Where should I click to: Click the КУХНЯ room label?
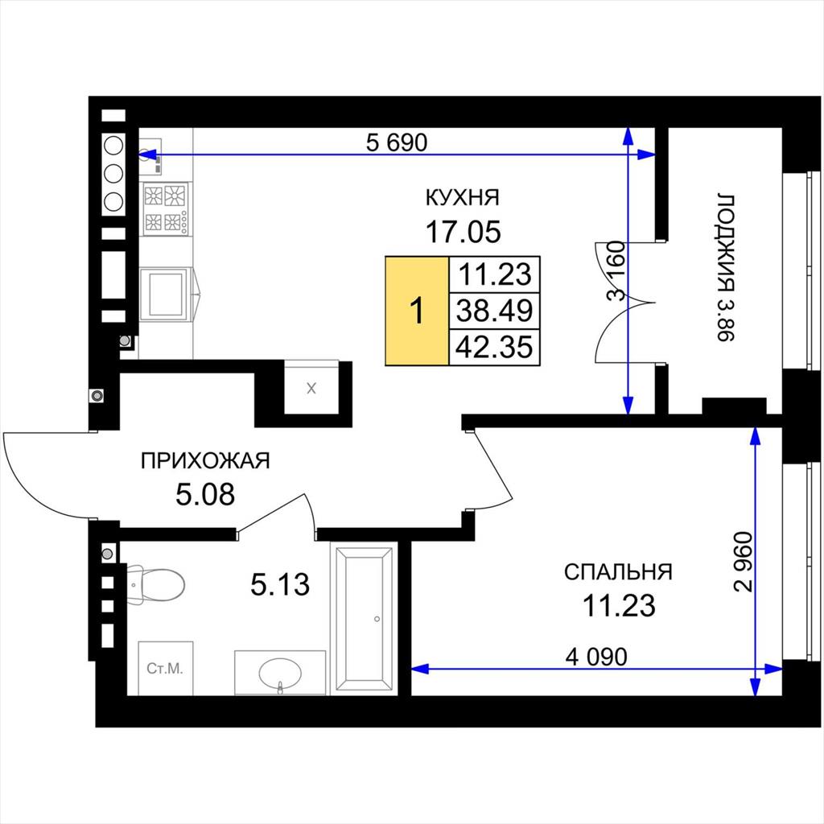click(462, 198)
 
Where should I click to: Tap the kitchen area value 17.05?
click(463, 232)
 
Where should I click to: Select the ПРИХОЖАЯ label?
click(205, 461)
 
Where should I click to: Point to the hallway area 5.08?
click(205, 495)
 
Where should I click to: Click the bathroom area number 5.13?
click(280, 584)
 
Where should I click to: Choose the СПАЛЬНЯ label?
click(618, 572)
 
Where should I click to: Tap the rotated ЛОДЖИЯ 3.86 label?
click(726, 268)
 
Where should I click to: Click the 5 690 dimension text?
click(397, 142)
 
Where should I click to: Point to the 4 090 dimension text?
click(596, 657)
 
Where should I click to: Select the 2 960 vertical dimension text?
click(744, 562)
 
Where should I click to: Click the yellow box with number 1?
click(418, 311)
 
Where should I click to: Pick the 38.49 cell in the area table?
click(495, 311)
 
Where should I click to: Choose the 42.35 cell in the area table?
click(495, 347)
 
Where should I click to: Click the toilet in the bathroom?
click(155, 584)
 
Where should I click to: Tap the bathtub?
click(365, 619)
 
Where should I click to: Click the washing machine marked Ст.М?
click(166, 668)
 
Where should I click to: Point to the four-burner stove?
click(166, 208)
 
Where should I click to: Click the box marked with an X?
click(311, 387)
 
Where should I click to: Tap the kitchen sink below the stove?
click(168, 294)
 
